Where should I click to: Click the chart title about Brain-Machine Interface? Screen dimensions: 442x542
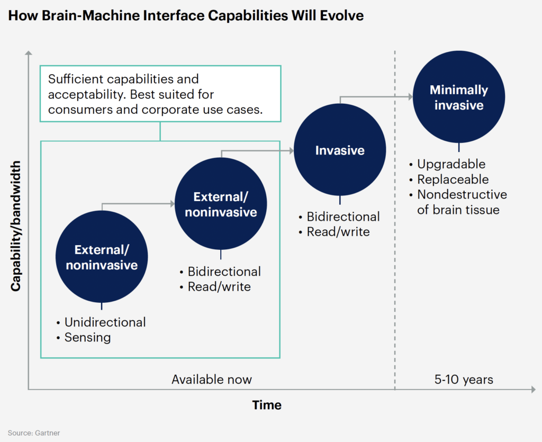pyautogui.click(x=186, y=16)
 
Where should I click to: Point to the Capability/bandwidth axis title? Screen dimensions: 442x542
pyautogui.click(x=16, y=225)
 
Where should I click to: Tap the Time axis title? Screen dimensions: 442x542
pyautogui.click(x=267, y=405)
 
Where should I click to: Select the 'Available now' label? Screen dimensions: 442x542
pyautogui.click(x=212, y=380)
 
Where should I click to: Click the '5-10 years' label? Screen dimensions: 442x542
pyautogui.click(x=464, y=380)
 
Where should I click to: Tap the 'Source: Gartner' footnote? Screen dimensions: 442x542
pyautogui.click(x=34, y=433)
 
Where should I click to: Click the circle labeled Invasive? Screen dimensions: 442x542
pyautogui.click(x=340, y=150)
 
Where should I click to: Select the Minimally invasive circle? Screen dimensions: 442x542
pyautogui.click(x=458, y=97)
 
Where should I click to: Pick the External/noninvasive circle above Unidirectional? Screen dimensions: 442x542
pyautogui.click(x=102, y=257)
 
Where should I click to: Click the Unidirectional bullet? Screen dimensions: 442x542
pyautogui.click(x=105, y=322)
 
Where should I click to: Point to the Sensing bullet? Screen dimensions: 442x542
pyautogui.click(x=87, y=337)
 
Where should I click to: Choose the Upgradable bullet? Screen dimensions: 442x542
pyautogui.click(x=451, y=164)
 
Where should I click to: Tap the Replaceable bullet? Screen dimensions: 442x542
pyautogui.click(x=453, y=179)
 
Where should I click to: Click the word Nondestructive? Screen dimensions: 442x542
pyautogui.click(x=462, y=195)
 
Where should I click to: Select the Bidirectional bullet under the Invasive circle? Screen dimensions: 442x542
pyautogui.click(x=343, y=217)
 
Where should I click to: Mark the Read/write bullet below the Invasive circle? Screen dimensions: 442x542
pyautogui.click(x=338, y=232)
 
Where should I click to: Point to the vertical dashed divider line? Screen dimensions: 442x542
pyautogui.click(x=395, y=212)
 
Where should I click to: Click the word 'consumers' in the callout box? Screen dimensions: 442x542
pyautogui.click(x=79, y=110)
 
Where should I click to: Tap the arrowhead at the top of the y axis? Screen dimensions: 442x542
pyautogui.click(x=29, y=53)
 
